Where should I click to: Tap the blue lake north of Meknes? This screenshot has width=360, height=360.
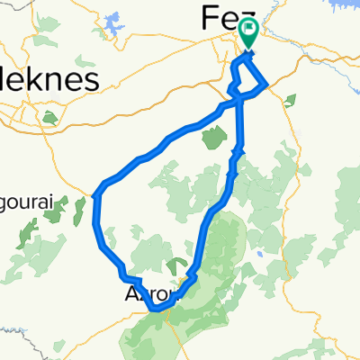click(114, 22)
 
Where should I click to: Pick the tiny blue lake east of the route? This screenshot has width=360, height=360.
click(259, 255)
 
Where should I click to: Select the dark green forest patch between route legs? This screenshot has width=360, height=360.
click(214, 138)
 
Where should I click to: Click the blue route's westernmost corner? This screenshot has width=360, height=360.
click(96, 192)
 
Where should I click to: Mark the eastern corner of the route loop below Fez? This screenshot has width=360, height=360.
click(268, 86)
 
